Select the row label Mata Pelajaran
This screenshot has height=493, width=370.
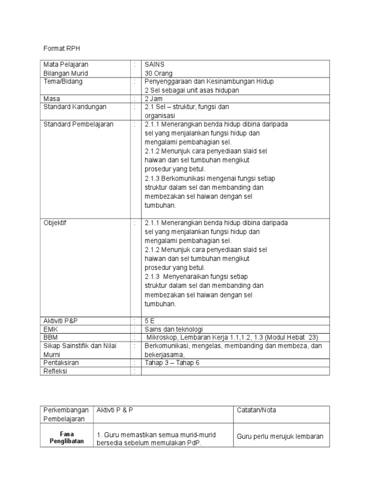[x=66, y=65]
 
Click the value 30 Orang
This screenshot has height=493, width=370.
[x=159, y=73]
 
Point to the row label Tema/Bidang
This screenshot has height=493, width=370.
[x=63, y=82]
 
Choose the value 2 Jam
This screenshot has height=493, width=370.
[x=154, y=99]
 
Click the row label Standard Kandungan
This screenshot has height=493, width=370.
[x=75, y=107]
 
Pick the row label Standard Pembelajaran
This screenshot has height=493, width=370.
[x=79, y=124]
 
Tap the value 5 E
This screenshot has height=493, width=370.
[x=150, y=320]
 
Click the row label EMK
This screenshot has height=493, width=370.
[x=50, y=328]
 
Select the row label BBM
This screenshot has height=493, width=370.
[x=51, y=337]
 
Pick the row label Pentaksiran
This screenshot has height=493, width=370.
[x=61, y=363]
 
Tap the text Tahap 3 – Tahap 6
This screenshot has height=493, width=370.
[x=172, y=363]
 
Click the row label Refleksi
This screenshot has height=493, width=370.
[x=55, y=371]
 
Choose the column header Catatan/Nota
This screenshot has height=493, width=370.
[x=256, y=410]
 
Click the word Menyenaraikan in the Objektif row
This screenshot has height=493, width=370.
[x=190, y=276]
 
